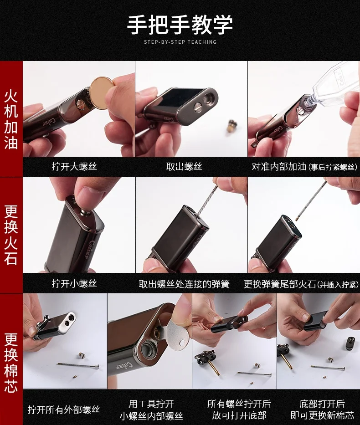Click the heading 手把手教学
(x=180, y=25)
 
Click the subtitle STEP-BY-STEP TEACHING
(x=180, y=42)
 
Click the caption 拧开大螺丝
(x=74, y=166)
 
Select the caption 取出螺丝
(x=184, y=166)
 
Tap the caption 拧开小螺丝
(x=74, y=283)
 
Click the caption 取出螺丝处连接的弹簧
(x=184, y=284)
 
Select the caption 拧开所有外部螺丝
(x=64, y=410)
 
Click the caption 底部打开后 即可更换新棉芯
(x=322, y=409)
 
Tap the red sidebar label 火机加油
(x=11, y=120)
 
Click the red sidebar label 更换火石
(x=11, y=235)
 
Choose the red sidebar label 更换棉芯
(x=11, y=363)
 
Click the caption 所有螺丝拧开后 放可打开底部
(x=239, y=409)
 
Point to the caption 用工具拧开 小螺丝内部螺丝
(x=151, y=410)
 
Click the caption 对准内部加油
(x=279, y=166)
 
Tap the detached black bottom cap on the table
(x=351, y=343)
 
